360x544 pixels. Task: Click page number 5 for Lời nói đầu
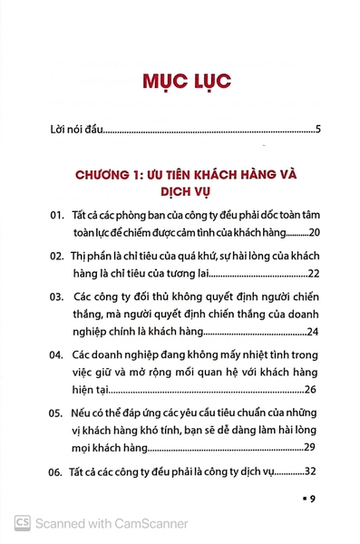click(x=319, y=129)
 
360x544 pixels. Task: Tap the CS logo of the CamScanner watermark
click(x=21, y=522)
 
